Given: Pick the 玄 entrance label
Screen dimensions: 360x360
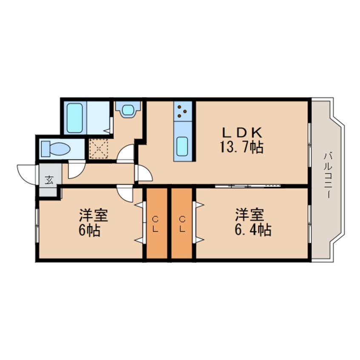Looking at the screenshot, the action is pos(49,180).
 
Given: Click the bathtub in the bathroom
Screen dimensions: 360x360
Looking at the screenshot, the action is pos(74,118).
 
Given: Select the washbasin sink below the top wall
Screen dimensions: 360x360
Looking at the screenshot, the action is pos(128,110).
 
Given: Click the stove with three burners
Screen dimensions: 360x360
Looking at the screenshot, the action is pos(183,111).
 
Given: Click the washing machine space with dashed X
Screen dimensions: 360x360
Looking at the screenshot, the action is pos(98,149).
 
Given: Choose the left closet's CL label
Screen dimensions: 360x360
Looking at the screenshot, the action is pos(155,224).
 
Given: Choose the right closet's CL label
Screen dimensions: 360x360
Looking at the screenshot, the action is pos(182,224).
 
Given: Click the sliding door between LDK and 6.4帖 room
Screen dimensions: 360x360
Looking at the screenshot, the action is pos(248,186).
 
